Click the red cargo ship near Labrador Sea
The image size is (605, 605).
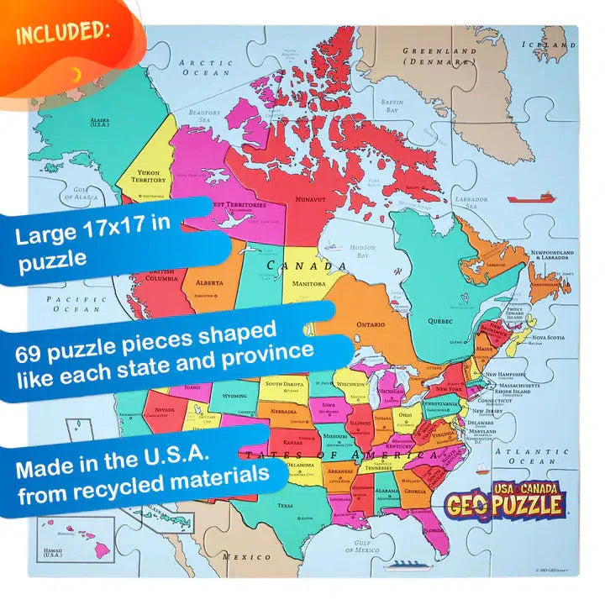(531, 199)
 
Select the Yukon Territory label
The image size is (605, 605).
(148, 176)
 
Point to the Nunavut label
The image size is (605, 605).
(311, 199)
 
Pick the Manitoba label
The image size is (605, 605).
(309, 284)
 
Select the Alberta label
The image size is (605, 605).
(209, 282)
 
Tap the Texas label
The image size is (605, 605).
(285, 506)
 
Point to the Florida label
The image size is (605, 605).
(434, 531)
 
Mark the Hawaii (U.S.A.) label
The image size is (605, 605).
(52, 552)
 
